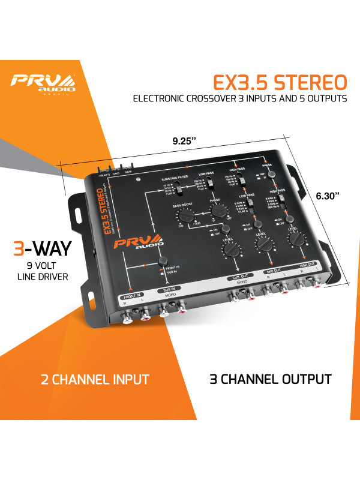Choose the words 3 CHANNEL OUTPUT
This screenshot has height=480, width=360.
point(271,379)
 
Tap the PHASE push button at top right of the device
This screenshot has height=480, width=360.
point(271,173)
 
